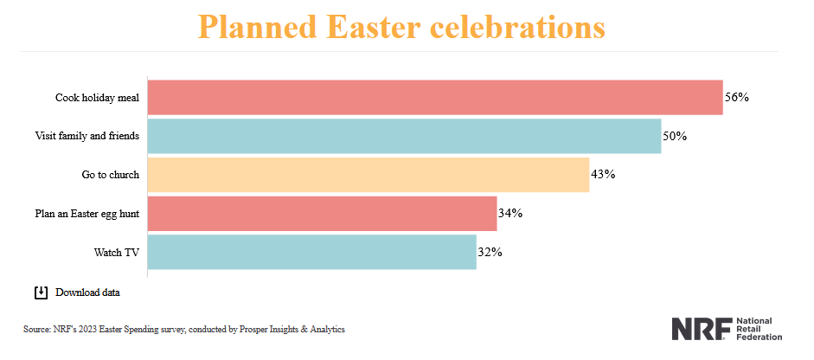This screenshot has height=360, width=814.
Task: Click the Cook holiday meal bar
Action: (435, 98)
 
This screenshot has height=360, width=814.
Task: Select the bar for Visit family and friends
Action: (404, 136)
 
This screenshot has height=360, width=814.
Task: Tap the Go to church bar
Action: (369, 174)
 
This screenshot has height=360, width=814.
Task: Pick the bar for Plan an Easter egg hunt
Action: (322, 213)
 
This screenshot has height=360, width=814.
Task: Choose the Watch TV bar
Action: (311, 252)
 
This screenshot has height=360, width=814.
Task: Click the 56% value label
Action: (736, 98)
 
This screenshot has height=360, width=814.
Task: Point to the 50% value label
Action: (675, 136)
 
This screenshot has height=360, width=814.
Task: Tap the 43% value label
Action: (603, 174)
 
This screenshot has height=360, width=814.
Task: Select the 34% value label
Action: (510, 213)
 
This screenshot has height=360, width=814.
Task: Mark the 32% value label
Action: (490, 252)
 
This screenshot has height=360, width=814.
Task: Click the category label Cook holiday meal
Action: (98, 98)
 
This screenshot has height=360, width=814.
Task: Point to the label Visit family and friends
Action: (87, 136)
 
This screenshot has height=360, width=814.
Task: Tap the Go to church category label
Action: (111, 174)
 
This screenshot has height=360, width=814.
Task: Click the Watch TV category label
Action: (117, 252)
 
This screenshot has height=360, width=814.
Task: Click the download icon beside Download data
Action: (41, 292)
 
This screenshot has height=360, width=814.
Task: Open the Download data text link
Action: (87, 292)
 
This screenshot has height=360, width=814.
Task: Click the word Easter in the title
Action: (376, 26)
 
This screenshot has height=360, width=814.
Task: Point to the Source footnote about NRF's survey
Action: (184, 329)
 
